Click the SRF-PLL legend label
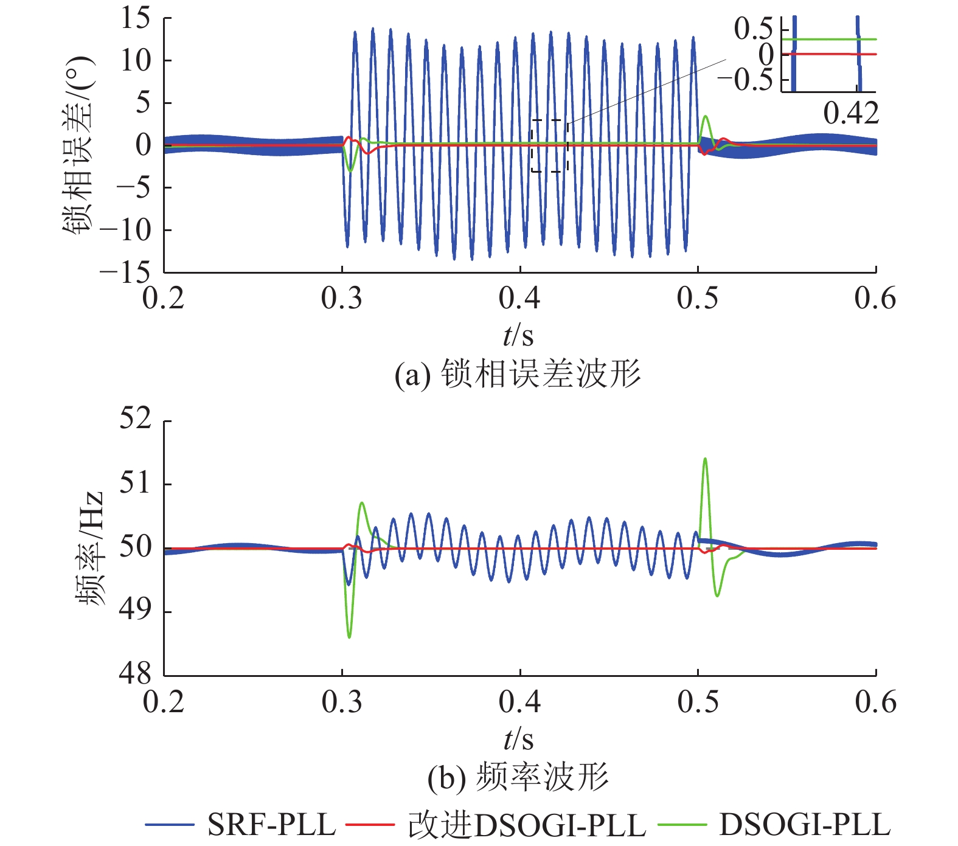click(271, 825)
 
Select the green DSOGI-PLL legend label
click(805, 825)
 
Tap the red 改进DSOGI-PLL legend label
click(527, 825)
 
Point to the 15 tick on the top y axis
click(135, 18)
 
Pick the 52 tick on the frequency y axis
click(135, 420)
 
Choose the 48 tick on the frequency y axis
click(135, 674)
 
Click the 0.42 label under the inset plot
click(851, 114)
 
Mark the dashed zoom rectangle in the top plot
click(549, 145)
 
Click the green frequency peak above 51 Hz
click(705, 459)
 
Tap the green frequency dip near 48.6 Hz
click(349, 636)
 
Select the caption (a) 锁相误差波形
click(518, 374)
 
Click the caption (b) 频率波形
click(518, 778)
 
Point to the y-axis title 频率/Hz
click(89, 547)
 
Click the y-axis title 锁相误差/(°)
click(78, 145)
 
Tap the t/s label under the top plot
click(518, 335)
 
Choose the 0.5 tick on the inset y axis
click(753, 29)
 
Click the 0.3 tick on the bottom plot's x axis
click(342, 702)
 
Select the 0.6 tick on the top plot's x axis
click(875, 299)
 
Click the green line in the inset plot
click(827, 39)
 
